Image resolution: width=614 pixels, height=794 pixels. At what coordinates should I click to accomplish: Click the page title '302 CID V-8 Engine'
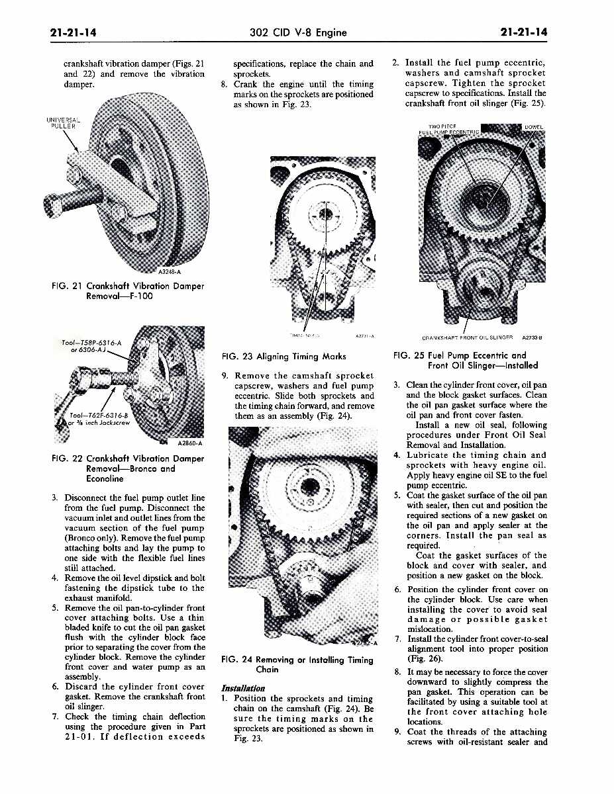pos(298,32)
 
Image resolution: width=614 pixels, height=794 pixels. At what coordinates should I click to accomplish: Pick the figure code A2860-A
pos(190,443)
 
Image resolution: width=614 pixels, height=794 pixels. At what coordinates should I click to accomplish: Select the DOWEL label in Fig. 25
pos(533,127)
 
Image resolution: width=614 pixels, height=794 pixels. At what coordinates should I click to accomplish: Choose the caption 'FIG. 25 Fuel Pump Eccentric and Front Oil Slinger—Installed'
pos(466,360)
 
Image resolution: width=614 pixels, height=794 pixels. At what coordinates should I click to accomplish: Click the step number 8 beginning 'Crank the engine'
pos(225,84)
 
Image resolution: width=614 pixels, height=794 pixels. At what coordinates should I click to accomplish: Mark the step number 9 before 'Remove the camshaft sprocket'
pos(225,376)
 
